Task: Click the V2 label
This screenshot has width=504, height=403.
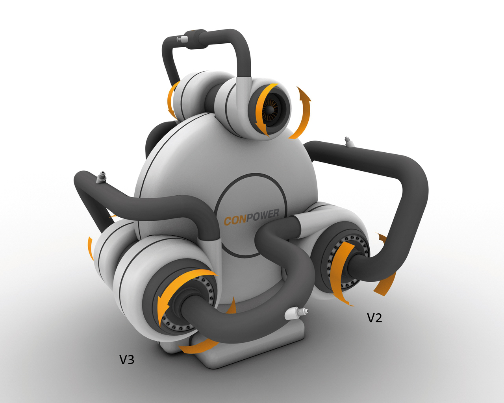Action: click(374, 318)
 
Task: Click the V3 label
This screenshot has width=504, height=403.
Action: click(127, 359)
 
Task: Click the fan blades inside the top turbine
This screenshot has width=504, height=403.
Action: click(271, 109)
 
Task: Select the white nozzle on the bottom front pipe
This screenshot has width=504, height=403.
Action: click(296, 312)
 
